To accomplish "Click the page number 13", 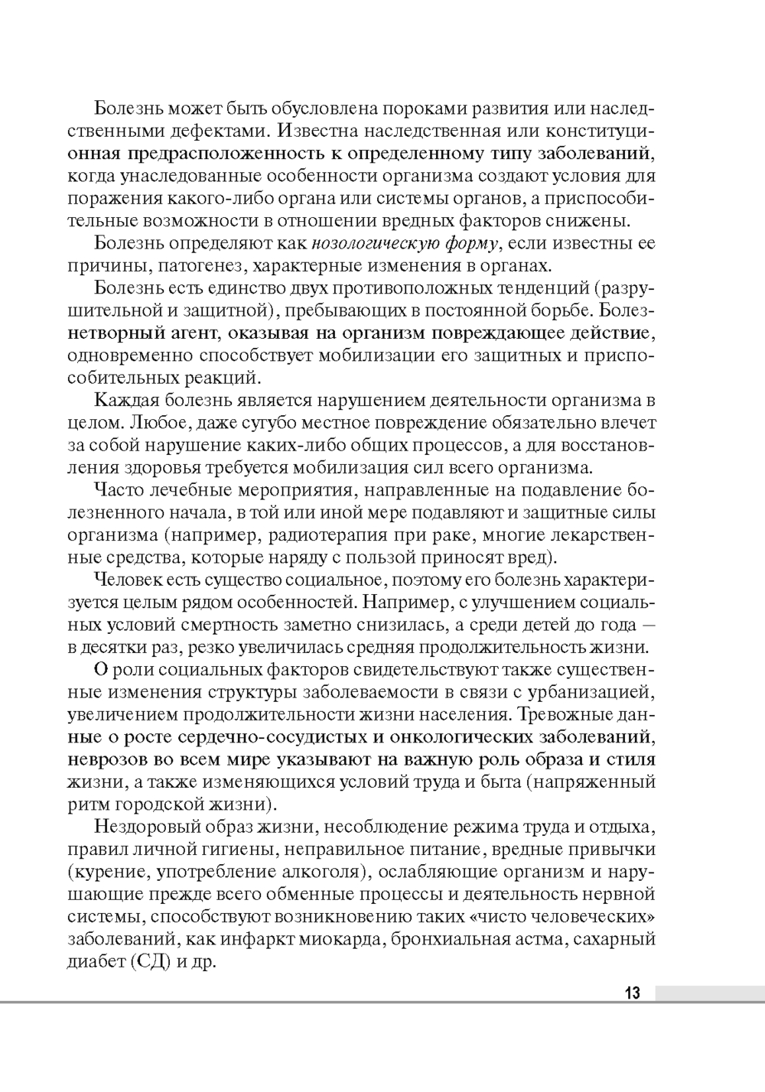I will point(632,993).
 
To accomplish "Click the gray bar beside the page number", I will point(708,993).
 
